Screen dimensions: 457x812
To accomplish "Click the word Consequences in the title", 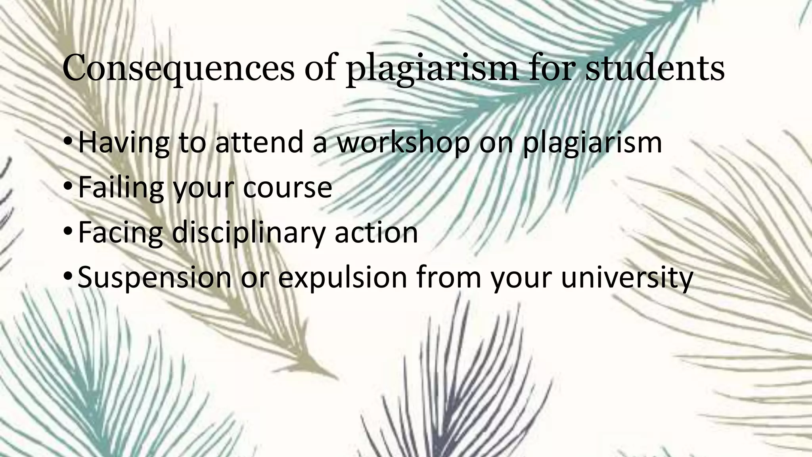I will tap(178, 68).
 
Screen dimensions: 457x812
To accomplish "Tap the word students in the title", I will tap(655, 68).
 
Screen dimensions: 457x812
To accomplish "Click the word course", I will tap(287, 187).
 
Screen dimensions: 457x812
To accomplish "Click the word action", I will tap(376, 232).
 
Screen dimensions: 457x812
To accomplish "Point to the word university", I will tap(627, 277).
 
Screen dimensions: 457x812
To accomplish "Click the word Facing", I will tap(120, 232).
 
